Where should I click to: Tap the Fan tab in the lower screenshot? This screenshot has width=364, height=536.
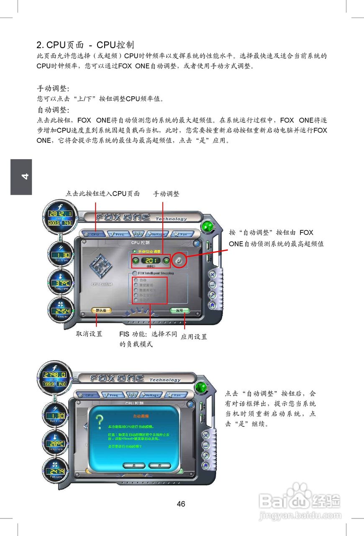click(x=175, y=395)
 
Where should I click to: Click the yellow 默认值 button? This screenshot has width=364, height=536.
click(x=101, y=311)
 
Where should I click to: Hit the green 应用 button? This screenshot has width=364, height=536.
click(x=180, y=311)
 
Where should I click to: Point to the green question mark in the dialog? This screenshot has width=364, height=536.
click(x=100, y=422)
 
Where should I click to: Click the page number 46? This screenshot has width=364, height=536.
click(x=181, y=504)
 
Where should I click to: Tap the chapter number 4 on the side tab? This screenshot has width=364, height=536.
click(x=21, y=177)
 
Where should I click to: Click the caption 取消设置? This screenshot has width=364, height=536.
click(x=89, y=334)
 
